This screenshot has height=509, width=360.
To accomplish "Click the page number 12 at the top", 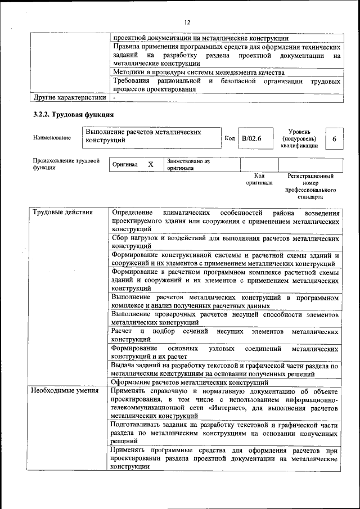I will point(187,22).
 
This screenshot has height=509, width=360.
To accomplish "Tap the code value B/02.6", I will point(251,138).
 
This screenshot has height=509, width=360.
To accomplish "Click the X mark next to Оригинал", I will point(150,164).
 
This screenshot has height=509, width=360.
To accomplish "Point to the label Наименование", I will point(52,138).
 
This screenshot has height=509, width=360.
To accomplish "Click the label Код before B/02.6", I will point(229,138).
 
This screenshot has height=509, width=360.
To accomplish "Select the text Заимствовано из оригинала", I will point(188,164).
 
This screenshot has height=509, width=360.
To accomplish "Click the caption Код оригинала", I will point(259,179).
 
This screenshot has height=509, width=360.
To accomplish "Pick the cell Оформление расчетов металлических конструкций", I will point(190,382).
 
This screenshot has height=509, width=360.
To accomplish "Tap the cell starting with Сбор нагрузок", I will point(225,242).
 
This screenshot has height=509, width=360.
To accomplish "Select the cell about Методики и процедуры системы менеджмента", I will point(198,73).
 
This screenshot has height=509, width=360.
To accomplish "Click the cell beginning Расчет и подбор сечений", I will point(225,335).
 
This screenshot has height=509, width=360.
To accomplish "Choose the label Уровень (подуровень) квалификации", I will point(299,138).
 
